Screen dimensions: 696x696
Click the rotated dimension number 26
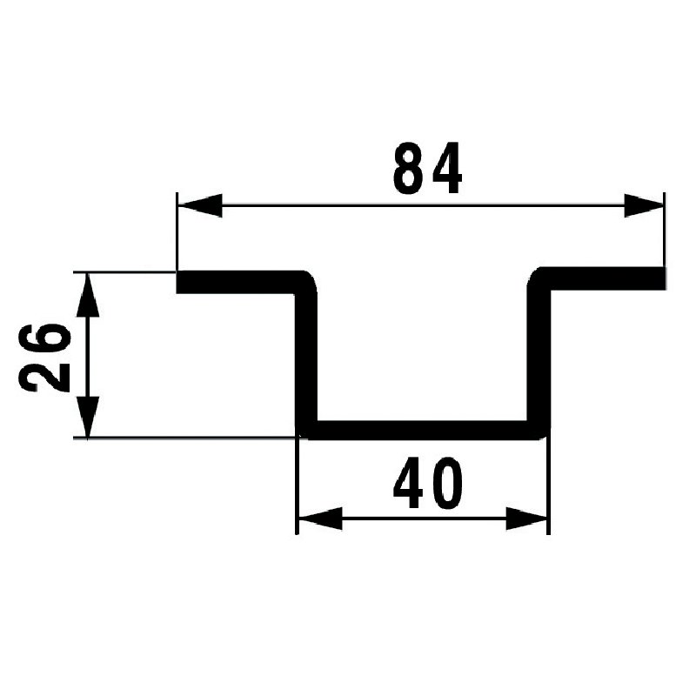43,357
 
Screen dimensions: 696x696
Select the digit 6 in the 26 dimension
43,338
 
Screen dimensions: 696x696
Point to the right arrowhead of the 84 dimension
644,206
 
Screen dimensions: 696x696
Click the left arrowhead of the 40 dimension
318,520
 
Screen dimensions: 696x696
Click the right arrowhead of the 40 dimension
529,520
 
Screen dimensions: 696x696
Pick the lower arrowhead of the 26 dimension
88,416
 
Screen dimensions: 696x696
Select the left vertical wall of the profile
307,357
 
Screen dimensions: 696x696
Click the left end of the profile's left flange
181,282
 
